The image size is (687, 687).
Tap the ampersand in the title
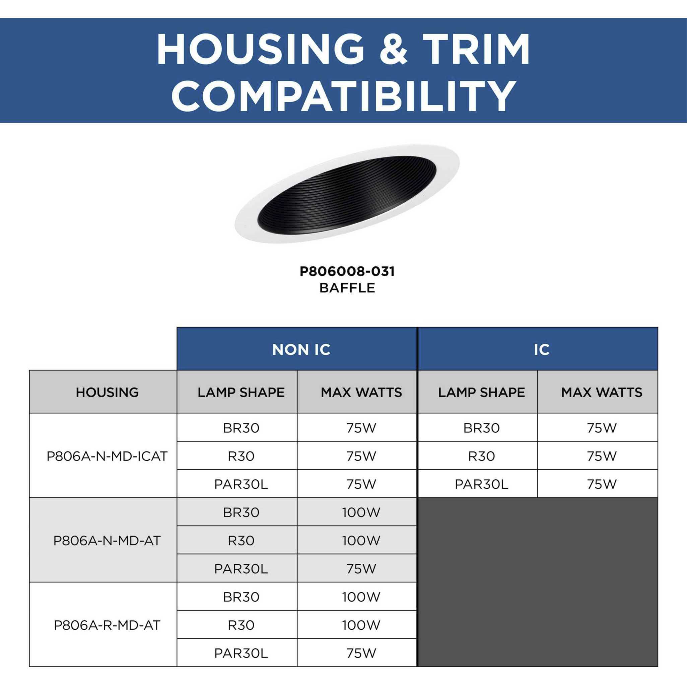click(393, 50)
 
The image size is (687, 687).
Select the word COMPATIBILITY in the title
click(344, 95)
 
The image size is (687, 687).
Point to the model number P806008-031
click(347, 272)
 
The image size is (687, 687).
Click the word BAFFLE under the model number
click(347, 288)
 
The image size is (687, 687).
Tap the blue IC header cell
click(538, 348)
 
